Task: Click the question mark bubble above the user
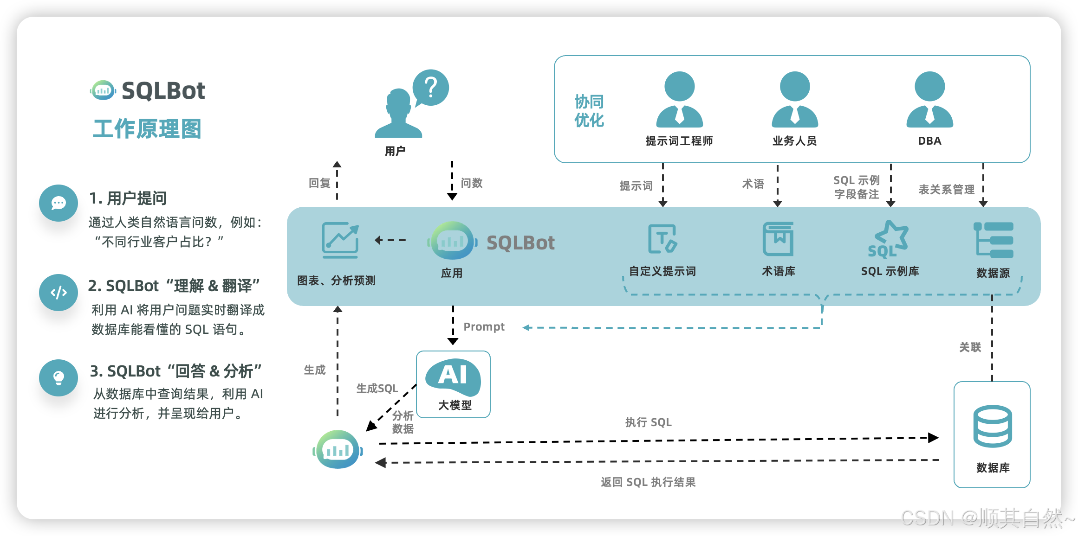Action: point(431,87)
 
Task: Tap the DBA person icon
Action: point(929,99)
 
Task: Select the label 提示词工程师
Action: point(679,141)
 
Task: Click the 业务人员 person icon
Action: point(795,99)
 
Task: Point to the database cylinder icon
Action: point(993,426)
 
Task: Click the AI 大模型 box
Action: point(454,384)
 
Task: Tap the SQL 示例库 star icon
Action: point(889,239)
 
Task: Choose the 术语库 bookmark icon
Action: point(778,239)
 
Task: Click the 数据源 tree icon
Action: point(994,240)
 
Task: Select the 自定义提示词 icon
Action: point(662,239)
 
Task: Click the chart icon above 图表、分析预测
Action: point(340,240)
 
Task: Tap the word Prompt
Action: point(484,327)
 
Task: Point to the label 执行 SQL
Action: point(648,422)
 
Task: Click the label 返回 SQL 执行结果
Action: point(648,482)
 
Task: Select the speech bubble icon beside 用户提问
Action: point(58,203)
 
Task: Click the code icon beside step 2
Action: point(58,293)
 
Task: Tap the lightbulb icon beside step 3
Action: point(58,378)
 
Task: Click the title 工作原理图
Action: point(147,129)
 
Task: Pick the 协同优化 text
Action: point(589,111)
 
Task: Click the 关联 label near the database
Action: point(970,347)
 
